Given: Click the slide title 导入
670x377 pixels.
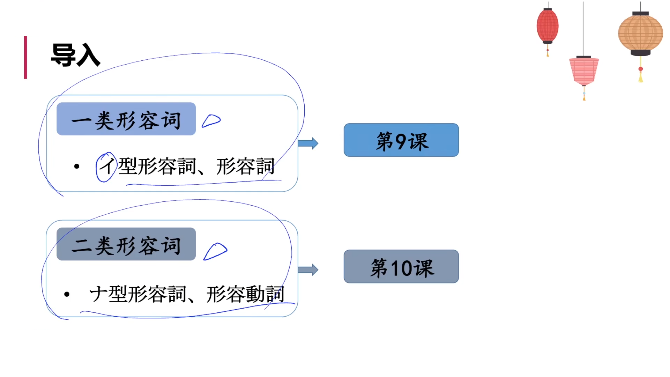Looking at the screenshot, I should tap(75, 55).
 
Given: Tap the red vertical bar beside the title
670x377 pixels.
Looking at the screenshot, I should tap(25, 58).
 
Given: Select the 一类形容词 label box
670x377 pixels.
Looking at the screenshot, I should tap(126, 119).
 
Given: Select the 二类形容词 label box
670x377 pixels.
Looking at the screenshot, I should tap(126, 244).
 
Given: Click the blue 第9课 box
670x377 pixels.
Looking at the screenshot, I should tap(401, 140).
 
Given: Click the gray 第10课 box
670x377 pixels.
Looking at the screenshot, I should tap(401, 266).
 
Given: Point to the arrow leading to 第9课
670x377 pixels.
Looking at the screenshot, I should tap(308, 143).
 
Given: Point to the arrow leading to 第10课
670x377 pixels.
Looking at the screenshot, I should tap(308, 269).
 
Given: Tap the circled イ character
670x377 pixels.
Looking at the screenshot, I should tap(106, 167).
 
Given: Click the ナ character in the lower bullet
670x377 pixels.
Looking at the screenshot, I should tap(98, 294).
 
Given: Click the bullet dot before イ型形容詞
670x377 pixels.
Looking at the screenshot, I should tap(77, 167).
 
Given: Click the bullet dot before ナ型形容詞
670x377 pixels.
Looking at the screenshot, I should tap(67, 294).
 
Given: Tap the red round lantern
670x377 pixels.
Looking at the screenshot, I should tap(548, 26).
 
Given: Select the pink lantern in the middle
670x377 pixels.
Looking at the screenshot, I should tap(584, 71).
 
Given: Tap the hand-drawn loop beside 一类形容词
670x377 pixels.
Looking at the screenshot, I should tap(211, 121).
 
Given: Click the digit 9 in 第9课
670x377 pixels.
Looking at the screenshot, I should tap(401, 141).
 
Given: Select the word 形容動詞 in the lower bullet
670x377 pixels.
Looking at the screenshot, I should tap(245, 294).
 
